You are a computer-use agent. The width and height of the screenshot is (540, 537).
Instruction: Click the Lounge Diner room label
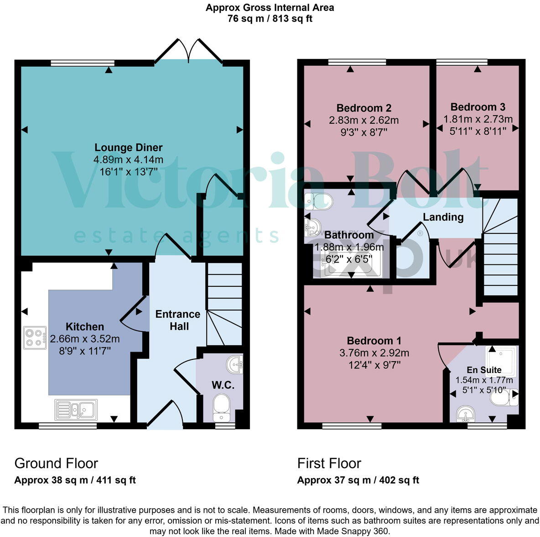coord(128,147)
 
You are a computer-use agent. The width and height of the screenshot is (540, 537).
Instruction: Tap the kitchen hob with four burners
coord(35,338)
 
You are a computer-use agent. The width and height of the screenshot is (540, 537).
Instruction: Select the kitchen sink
coord(76,409)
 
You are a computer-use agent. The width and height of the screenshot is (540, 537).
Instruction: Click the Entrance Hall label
coord(177,320)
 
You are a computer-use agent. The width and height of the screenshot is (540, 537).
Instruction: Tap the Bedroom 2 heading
coord(363,108)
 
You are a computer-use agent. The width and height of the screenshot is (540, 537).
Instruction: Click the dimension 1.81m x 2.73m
coord(478,120)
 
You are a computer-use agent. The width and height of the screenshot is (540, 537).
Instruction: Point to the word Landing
coord(443,217)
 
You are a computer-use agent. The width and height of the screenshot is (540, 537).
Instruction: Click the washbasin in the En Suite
coord(465,414)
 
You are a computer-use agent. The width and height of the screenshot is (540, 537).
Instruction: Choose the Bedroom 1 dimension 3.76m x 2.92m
coord(374,353)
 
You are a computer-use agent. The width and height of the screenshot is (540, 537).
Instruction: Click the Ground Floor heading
coord(56,463)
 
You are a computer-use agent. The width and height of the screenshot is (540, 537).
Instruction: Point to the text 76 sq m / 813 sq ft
coord(270,19)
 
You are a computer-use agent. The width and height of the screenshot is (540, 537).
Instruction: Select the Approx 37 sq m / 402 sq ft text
coord(358,480)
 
